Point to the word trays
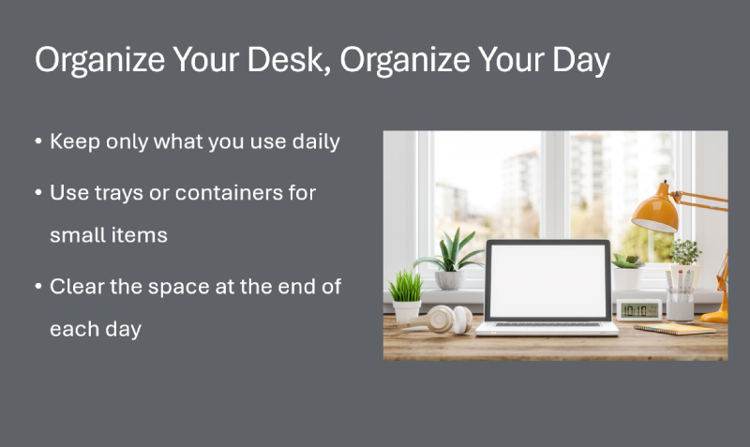[118, 193]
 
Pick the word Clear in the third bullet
[78, 287]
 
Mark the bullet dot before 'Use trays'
[38, 193]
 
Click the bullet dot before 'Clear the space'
[38, 287]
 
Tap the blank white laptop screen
[547, 279]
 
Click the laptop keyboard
[547, 324]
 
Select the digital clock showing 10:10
[638, 309]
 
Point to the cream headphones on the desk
[448, 319]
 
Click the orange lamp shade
[655, 211]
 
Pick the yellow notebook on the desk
[674, 328]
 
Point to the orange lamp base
[715, 316]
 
